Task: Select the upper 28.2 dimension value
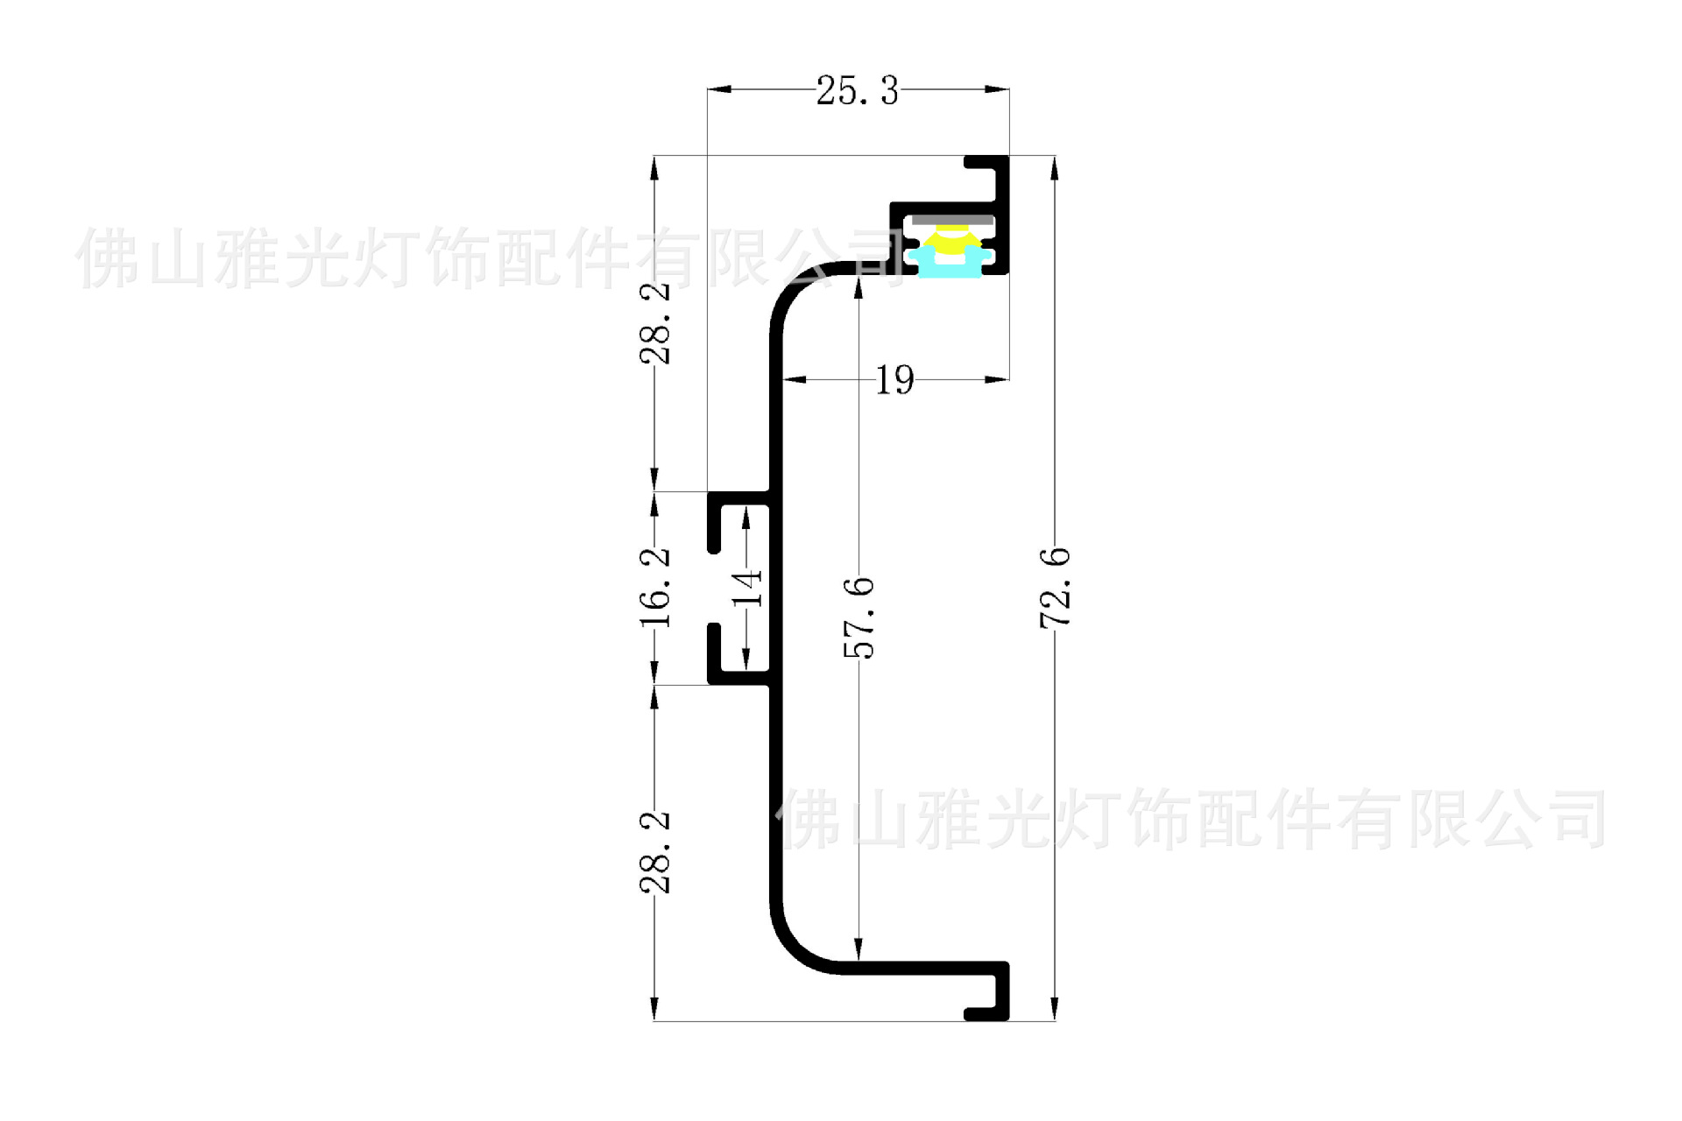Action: tap(655, 324)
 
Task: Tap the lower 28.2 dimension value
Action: tap(655, 852)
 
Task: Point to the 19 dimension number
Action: tap(894, 380)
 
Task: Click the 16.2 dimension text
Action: tap(655, 588)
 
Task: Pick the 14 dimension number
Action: tap(747, 588)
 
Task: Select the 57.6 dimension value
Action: tap(859, 617)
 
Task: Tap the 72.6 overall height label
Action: tap(1055, 588)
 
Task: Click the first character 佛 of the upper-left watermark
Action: tap(106, 258)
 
